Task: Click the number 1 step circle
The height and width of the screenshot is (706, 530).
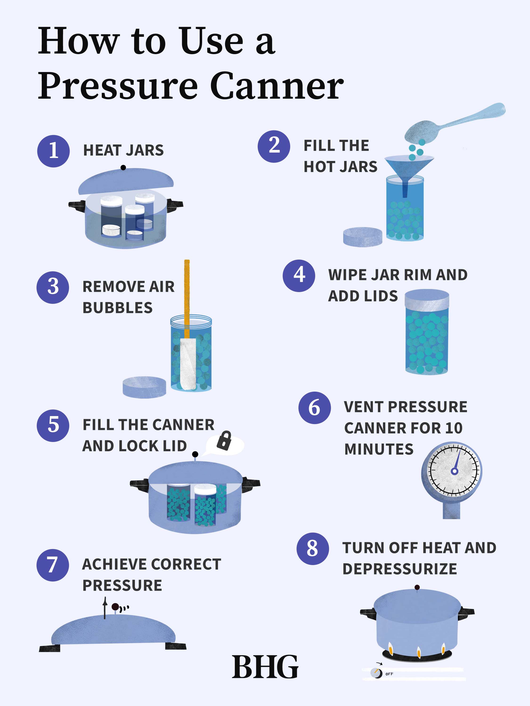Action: point(53,151)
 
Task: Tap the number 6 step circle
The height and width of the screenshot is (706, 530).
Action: point(314,408)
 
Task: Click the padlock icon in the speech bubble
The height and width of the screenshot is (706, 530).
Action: point(224,441)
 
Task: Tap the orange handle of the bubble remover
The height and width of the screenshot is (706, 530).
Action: point(187,297)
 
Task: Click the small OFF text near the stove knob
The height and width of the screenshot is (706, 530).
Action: point(389,674)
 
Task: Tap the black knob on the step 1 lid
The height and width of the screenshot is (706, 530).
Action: point(123,168)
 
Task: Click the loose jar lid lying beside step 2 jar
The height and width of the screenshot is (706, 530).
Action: point(363,237)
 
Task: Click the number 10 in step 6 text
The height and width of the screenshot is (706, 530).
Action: point(454,428)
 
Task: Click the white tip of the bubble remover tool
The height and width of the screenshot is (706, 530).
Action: point(188,364)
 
